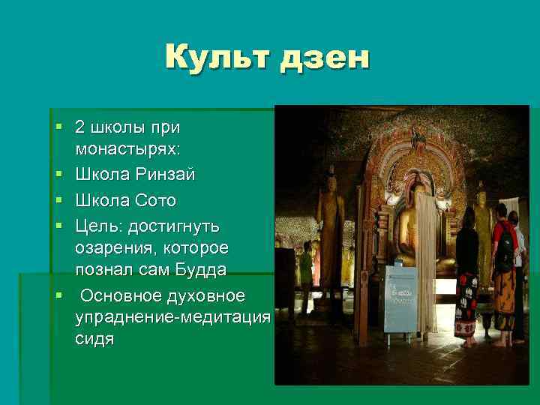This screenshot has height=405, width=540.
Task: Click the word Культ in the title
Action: pos(217,58)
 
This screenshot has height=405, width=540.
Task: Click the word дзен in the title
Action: pos(324,58)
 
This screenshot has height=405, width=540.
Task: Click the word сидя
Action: pos(94,339)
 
